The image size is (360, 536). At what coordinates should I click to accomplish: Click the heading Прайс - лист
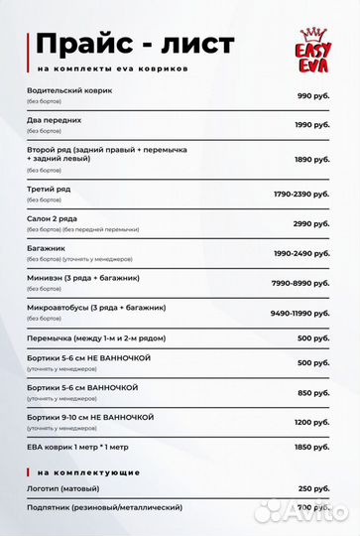click(135, 44)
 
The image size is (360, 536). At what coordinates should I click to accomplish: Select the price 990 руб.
click(312, 95)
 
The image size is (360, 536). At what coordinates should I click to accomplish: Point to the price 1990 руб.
click(310, 124)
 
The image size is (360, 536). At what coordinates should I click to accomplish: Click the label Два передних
click(55, 119)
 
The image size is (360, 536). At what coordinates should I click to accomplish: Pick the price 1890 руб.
click(310, 158)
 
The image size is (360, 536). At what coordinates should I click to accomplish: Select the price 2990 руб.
click(310, 223)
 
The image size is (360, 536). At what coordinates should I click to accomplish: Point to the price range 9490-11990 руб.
click(299, 313)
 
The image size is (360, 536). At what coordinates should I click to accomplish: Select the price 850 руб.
click(312, 392)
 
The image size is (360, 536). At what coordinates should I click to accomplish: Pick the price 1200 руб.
click(310, 422)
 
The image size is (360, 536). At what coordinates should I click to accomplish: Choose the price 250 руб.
click(312, 489)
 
